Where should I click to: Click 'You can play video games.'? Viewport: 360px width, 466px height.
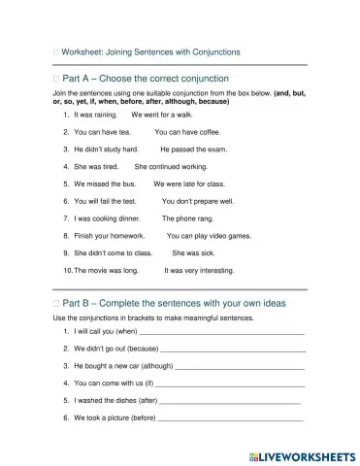click(209, 236)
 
